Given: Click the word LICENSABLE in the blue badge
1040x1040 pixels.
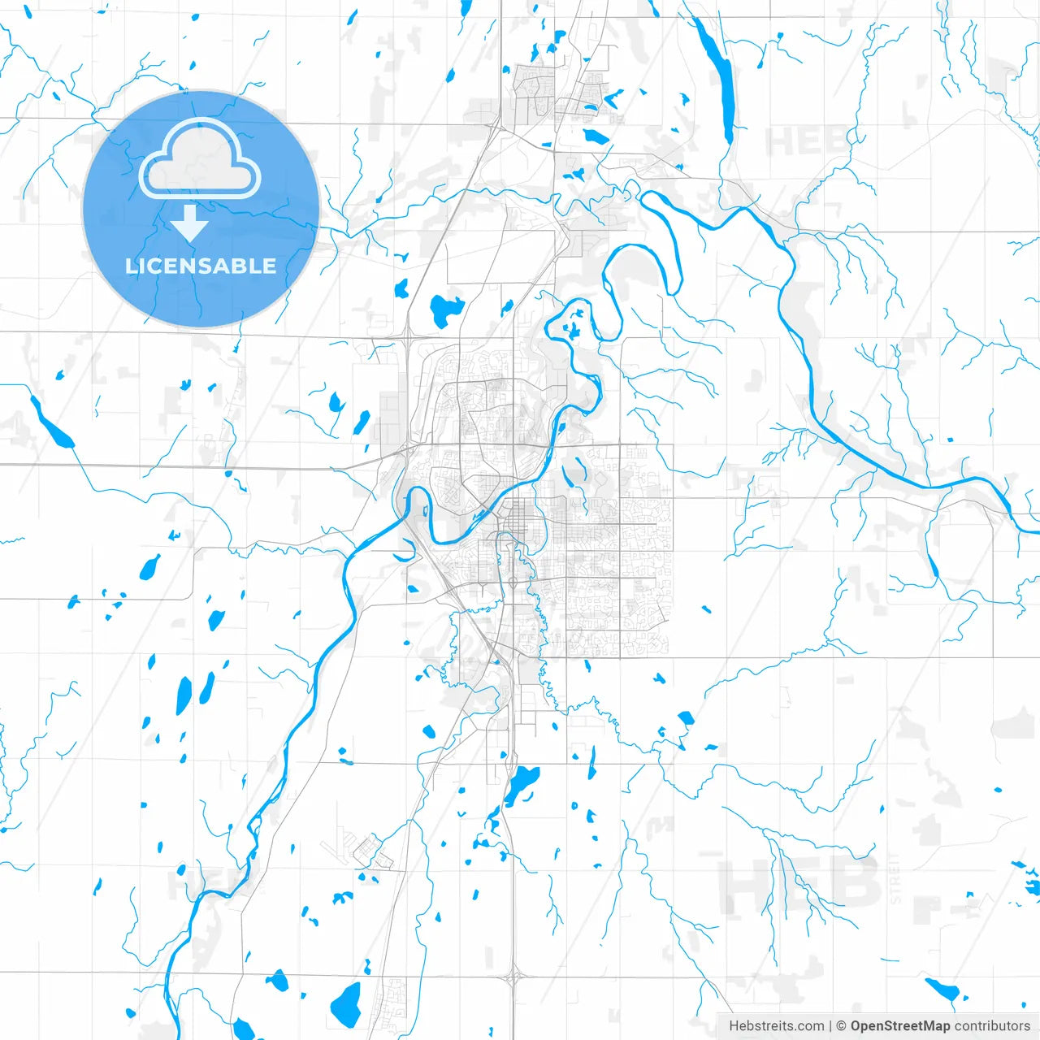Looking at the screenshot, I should [201, 266].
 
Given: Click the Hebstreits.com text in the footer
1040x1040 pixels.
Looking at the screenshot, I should [776, 1026].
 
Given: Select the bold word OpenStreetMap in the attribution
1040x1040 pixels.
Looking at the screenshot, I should [900, 1026].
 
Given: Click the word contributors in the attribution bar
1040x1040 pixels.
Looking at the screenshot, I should [992, 1026].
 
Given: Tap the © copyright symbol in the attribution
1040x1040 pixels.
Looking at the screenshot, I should [842, 1026].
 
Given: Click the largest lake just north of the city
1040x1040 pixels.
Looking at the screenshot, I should [444, 310].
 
